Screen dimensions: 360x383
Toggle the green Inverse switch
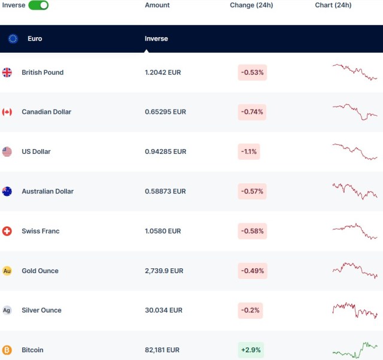point(38,5)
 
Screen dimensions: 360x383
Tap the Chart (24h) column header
point(333,5)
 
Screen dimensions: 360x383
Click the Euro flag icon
point(13,38)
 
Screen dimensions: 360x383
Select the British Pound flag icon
point(7,72)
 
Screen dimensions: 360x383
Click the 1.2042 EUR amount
point(163,72)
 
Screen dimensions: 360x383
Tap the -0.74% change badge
point(252,112)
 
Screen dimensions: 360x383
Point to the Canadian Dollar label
point(46,112)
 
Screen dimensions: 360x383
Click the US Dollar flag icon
point(7,152)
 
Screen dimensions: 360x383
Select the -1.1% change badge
point(249,152)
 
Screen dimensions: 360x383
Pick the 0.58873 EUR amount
point(165,191)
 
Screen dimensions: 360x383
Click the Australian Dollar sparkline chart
point(355,190)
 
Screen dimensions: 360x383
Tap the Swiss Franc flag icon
point(7,231)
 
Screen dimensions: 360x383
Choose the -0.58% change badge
point(252,231)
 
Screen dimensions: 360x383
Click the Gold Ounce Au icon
point(7,271)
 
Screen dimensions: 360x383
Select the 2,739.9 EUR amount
point(164,271)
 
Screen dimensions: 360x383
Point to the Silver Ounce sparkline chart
point(355,310)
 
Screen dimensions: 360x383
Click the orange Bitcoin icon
point(7,350)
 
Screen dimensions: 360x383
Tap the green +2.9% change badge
point(251,350)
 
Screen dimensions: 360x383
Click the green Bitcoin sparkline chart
point(355,350)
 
